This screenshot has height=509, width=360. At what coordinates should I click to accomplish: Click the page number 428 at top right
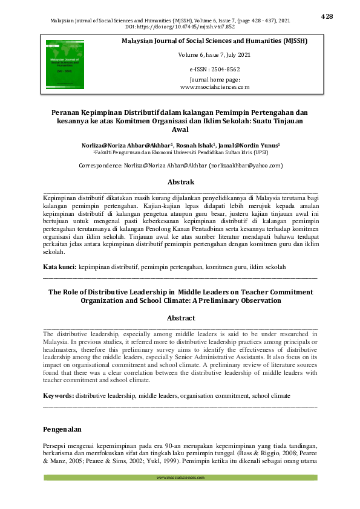coord(327,16)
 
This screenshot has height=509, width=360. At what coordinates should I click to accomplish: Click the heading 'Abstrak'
coord(180,182)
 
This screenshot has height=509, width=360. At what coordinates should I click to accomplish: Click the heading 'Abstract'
coord(180,318)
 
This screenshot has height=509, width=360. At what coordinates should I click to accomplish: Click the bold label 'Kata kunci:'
coord(60,266)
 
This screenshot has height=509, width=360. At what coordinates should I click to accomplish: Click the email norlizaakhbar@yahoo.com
coord(246,165)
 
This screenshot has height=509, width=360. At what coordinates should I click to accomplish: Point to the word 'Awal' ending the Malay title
coord(180,129)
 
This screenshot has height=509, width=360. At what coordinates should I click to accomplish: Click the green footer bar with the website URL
coord(180,478)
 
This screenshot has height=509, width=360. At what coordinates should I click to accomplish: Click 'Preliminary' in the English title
coord(227,300)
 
